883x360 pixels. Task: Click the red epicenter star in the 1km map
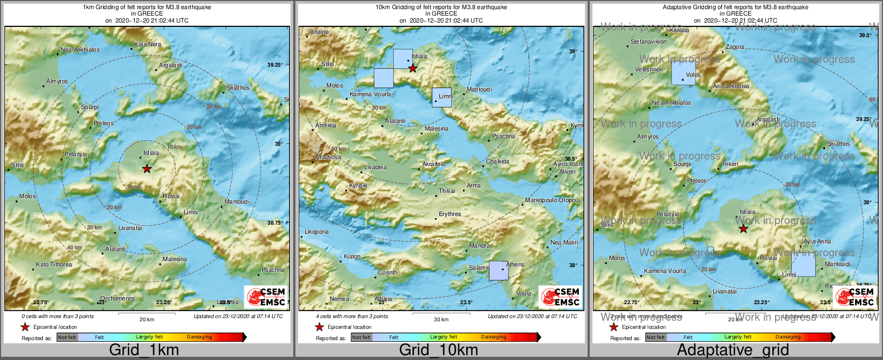[147, 169]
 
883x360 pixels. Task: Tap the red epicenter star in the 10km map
[412, 68]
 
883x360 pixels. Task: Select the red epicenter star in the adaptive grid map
[743, 229]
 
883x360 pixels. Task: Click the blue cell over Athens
[498, 270]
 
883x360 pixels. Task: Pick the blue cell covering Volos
[683, 73]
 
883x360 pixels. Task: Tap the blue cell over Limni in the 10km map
[442, 97]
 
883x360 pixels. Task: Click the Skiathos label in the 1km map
[238, 88]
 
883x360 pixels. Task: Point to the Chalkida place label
[497, 161]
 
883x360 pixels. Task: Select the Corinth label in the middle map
[388, 272]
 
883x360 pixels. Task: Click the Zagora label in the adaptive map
[735, 47]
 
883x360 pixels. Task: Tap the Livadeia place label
[375, 167]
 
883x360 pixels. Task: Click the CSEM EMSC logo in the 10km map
[561, 297]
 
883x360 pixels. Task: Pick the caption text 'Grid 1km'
[143, 350]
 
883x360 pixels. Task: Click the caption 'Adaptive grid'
[733, 350]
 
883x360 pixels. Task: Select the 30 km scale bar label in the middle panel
[441, 319]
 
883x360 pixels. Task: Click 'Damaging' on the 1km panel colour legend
[199, 337]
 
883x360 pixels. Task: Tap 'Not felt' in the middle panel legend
[361, 337]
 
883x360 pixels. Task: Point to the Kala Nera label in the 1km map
[147, 44]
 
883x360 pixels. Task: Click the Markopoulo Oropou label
[552, 200]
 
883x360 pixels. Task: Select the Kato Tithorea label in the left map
[54, 264]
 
